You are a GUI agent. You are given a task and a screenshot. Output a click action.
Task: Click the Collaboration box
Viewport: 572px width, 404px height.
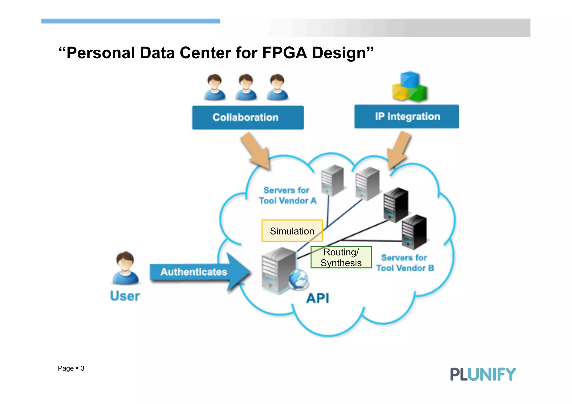click(248, 118)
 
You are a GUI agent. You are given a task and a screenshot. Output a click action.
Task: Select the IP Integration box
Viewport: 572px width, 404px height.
click(406, 116)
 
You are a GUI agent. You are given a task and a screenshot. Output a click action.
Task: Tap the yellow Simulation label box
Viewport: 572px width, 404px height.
click(292, 231)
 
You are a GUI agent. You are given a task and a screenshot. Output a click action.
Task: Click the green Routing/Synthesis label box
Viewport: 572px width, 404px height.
click(341, 257)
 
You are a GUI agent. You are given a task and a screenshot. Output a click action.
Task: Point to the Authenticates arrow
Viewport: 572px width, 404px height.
click(196, 272)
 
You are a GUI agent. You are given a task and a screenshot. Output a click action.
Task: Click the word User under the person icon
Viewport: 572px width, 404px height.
click(125, 296)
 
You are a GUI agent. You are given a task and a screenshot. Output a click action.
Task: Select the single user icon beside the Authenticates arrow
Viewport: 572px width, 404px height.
click(125, 268)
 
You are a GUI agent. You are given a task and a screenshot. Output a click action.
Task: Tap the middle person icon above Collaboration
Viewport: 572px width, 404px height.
click(246, 87)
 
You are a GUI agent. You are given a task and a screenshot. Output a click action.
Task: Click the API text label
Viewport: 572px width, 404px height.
click(318, 298)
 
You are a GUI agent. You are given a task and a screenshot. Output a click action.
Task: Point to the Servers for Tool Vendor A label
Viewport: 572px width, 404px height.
click(287, 195)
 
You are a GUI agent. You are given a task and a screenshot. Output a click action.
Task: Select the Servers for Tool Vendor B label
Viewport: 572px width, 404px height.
click(405, 263)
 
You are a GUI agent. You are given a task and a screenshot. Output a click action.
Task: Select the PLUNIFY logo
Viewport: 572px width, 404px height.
click(483, 374)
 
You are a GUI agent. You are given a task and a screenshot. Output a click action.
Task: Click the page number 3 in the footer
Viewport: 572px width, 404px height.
click(82, 368)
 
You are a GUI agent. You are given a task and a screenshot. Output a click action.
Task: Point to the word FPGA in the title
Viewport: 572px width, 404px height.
click(284, 53)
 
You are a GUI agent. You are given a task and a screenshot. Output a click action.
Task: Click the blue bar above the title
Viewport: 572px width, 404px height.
click(130, 21)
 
